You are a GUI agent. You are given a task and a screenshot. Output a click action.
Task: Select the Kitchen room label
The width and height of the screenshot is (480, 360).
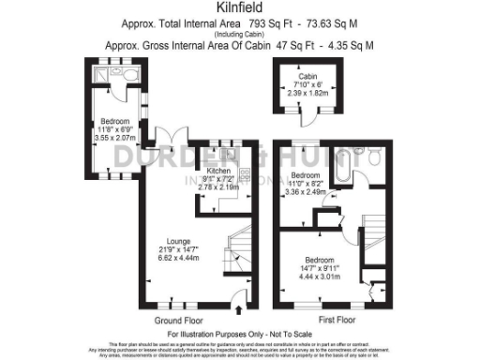218,171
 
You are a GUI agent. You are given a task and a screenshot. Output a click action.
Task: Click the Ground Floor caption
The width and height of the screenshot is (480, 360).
165,319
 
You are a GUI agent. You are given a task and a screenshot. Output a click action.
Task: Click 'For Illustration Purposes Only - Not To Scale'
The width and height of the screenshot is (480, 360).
240,334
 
